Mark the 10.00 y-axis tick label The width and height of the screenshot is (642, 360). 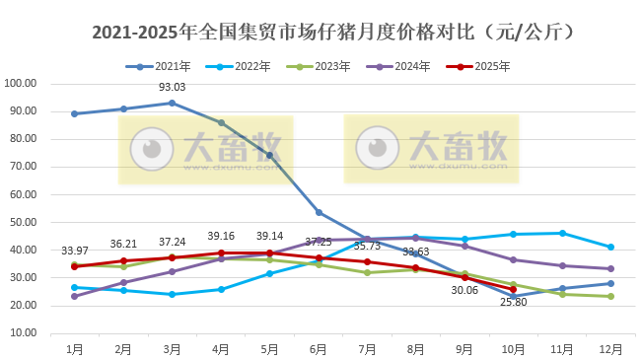[23, 333]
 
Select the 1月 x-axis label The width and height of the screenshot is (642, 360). [75, 348]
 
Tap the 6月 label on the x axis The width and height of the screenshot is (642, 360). [319, 348]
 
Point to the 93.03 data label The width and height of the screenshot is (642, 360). [173, 89]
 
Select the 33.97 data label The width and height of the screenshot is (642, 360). [75, 252]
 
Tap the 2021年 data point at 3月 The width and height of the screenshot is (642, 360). [173, 103]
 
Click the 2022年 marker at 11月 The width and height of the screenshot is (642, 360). [562, 233]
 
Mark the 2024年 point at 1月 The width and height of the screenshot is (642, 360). [75, 296]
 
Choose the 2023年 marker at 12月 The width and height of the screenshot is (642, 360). [611, 296]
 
